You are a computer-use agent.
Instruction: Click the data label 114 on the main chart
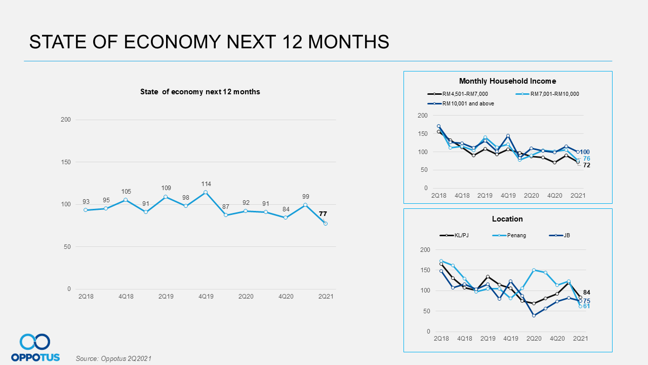(206, 184)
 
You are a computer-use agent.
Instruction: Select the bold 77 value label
(322, 214)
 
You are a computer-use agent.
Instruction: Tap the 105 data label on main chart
(126, 192)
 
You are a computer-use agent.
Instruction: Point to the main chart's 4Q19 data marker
(206, 192)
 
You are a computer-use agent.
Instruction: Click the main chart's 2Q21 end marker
(326, 224)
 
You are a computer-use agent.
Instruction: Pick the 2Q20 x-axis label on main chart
(246, 296)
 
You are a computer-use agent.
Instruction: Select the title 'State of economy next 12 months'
(200, 92)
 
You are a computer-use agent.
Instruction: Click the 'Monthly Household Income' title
(507, 81)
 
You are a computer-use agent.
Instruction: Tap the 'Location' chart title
(507, 219)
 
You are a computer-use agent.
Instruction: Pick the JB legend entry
(566, 235)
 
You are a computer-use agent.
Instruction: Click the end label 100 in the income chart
(585, 152)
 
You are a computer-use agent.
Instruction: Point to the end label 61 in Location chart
(586, 306)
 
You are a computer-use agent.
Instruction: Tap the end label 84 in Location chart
(587, 293)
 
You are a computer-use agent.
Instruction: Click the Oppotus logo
(35, 348)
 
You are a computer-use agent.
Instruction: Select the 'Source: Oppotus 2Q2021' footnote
(113, 358)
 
